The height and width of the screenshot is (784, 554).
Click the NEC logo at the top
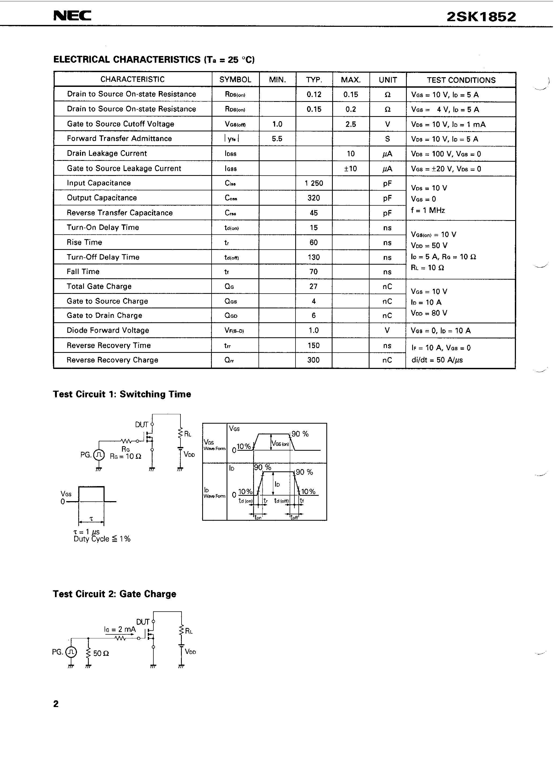[72, 16]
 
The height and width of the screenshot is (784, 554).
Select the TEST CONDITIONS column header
[461, 80]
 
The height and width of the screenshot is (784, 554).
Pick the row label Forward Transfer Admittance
[119, 139]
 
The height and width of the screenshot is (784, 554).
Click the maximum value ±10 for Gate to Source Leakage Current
[350, 168]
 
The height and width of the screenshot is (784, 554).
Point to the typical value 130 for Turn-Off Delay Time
[313, 257]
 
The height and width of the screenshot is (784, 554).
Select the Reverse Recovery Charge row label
[112, 360]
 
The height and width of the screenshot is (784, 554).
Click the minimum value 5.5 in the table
[277, 139]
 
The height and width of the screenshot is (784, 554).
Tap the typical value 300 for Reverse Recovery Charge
[313, 360]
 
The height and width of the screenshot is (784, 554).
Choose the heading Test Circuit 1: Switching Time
[122, 394]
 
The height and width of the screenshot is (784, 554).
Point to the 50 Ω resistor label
[101, 653]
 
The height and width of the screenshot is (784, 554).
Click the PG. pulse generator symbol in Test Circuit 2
[71, 652]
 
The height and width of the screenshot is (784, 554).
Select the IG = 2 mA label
[120, 629]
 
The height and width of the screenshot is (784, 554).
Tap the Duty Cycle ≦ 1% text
[102, 539]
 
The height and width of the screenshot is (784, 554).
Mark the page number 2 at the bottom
[56, 704]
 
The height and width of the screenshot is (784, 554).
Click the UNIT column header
[388, 80]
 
